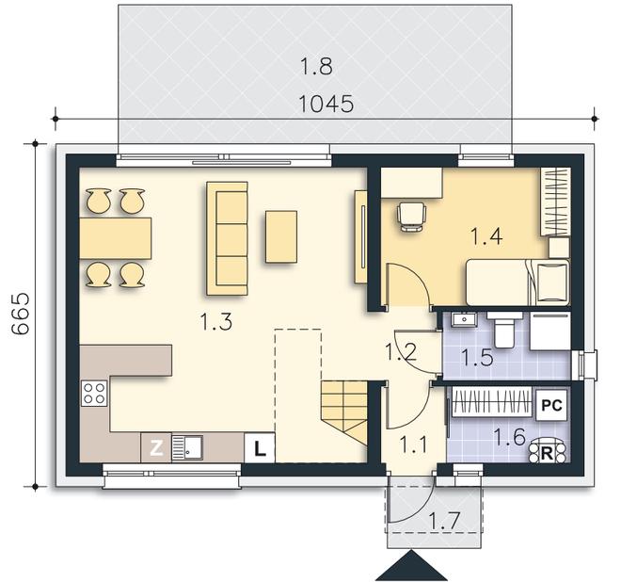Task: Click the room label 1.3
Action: coord(216,321)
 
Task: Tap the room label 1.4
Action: coord(486,235)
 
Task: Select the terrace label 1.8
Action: coord(316,66)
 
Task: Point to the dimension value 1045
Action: coord(326,104)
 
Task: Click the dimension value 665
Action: coord(20,314)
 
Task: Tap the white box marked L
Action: coord(260,448)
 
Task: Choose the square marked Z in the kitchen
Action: coord(156,447)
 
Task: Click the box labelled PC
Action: coord(551,405)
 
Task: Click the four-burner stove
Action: coord(94,393)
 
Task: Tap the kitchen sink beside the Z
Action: coord(188,447)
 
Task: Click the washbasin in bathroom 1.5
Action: coord(464,319)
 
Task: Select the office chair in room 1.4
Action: coord(412,216)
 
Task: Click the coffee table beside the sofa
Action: coord(281,236)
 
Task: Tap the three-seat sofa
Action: coord(228,238)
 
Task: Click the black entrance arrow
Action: coord(411,565)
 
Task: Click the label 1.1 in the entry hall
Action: coord(413,444)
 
